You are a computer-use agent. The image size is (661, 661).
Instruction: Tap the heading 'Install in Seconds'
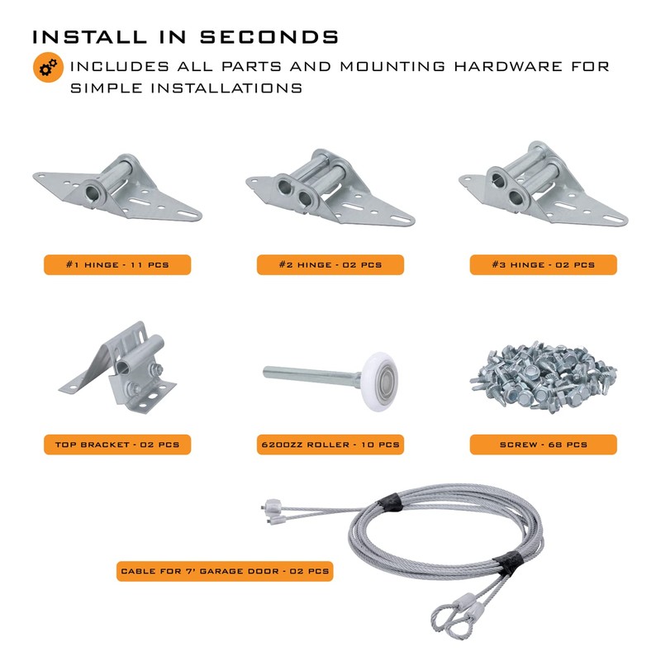click(x=185, y=37)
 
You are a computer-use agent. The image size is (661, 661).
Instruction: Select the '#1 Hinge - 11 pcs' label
click(x=117, y=264)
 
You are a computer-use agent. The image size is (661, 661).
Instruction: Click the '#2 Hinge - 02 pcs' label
click(x=330, y=264)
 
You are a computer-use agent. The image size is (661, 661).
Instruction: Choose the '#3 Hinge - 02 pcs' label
click(x=543, y=264)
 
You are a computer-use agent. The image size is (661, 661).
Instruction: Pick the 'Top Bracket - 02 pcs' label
click(x=117, y=445)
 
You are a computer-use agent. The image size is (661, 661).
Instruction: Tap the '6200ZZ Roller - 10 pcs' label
click(x=330, y=445)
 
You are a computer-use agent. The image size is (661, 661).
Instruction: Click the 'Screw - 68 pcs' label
click(x=543, y=445)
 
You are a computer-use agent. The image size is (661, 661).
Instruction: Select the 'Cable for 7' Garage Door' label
click(x=225, y=571)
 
